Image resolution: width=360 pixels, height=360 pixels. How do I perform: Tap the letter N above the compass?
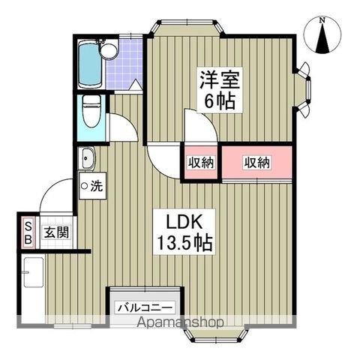click(x=322, y=20)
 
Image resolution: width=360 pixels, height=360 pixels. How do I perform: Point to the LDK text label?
click(x=183, y=222)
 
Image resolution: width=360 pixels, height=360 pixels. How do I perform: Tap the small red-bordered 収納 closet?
click(x=201, y=162)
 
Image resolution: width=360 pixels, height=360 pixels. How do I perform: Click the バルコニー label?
click(x=145, y=307)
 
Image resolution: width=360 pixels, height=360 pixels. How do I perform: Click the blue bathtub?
click(x=89, y=63)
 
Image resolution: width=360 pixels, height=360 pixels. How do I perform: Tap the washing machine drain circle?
click(x=85, y=184)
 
